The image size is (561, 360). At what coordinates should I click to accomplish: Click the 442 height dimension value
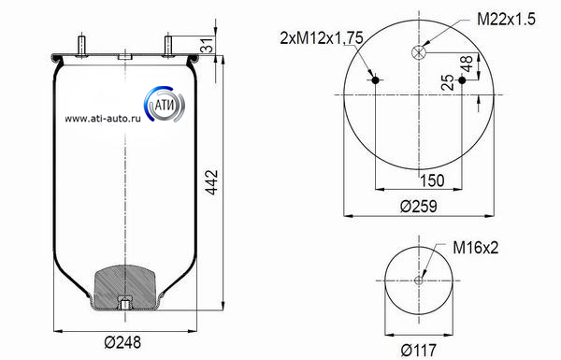click(212, 182)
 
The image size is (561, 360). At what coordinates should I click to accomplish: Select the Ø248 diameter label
click(122, 342)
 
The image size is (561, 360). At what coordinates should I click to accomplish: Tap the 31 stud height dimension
click(208, 45)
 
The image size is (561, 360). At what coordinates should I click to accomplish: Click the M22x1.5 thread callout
click(506, 19)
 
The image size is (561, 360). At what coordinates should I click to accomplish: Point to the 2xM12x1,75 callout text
click(322, 37)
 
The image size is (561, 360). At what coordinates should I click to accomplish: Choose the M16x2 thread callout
click(476, 247)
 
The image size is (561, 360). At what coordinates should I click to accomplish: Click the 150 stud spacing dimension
click(432, 180)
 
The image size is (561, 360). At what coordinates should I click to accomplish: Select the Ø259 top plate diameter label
click(418, 207)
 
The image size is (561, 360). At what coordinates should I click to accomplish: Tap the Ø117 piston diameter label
click(418, 350)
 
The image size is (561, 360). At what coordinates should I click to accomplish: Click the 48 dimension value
click(467, 65)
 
